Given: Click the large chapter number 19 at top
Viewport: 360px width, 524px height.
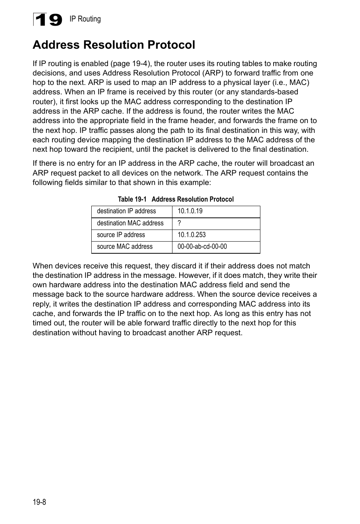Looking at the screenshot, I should point(48,20).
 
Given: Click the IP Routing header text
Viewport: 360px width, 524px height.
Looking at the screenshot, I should point(85,19).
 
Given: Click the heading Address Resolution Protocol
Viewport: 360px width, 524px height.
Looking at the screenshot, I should point(114,45).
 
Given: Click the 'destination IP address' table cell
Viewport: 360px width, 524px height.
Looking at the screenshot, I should point(126,211).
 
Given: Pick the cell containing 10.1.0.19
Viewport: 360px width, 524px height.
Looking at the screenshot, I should point(190,211).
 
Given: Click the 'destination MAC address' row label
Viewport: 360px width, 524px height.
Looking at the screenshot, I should point(130,223).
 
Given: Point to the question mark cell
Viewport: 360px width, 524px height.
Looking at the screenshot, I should point(179,223).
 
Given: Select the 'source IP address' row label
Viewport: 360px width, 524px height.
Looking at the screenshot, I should point(121,235).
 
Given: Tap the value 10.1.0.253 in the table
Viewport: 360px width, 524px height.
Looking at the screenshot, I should point(192,235).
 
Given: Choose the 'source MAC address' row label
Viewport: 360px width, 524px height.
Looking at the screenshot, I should point(125,247).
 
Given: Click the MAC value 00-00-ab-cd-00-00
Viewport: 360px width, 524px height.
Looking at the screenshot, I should point(202,247).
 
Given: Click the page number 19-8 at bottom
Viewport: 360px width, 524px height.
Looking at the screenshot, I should point(39,502).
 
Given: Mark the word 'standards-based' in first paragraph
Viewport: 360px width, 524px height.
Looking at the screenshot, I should point(269,92).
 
